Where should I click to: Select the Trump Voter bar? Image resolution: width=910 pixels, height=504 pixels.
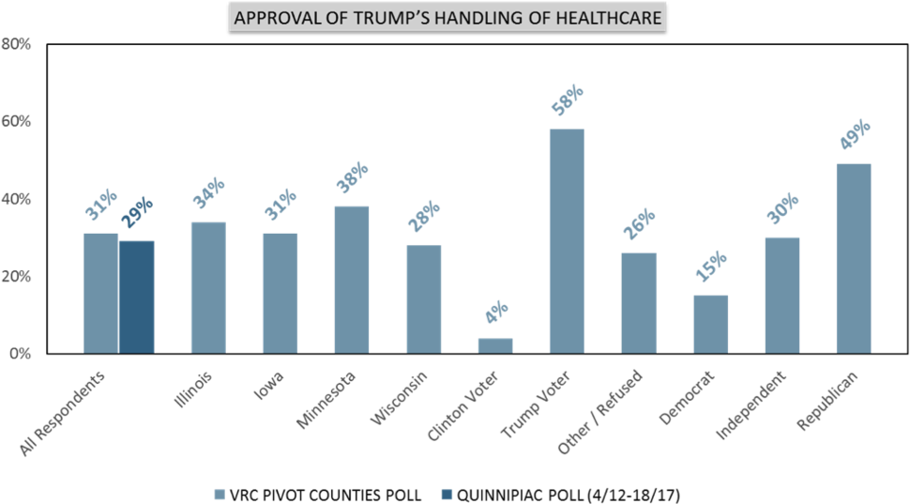pyautogui.click(x=566, y=241)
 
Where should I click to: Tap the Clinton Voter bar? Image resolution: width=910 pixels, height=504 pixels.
pyautogui.click(x=494, y=345)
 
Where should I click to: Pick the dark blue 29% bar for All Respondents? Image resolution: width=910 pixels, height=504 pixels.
pyautogui.click(x=136, y=297)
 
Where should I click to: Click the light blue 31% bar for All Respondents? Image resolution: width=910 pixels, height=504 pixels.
pyautogui.click(x=100, y=293)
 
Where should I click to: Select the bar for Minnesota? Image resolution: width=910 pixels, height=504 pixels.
pyautogui.click(x=351, y=280)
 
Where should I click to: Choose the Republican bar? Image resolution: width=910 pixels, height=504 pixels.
pyautogui.click(x=854, y=259)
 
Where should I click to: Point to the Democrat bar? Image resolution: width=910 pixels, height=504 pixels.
pyautogui.click(x=710, y=324)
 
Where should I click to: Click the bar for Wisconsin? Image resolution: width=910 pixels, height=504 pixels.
pyautogui.click(x=423, y=299)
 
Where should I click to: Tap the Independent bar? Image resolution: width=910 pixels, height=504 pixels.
pyautogui.click(x=781, y=295)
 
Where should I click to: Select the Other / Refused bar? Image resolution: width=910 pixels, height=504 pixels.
pyautogui.click(x=638, y=302)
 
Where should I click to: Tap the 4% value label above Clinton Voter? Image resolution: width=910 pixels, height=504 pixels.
pyautogui.click(x=496, y=313)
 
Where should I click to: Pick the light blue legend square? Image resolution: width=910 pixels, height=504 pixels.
pyautogui.click(x=220, y=494)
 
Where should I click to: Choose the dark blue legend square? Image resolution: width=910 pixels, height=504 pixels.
pyautogui.click(x=447, y=494)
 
